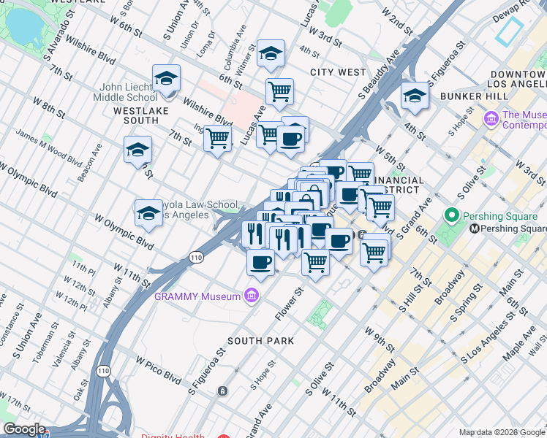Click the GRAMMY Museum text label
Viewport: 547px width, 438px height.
197,296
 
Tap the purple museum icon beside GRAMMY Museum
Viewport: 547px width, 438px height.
252,296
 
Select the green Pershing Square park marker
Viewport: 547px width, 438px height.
451,215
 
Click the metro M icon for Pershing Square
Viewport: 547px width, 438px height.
475,228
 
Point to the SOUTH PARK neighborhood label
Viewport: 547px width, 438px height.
260,341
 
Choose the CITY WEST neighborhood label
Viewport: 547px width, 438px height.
337,72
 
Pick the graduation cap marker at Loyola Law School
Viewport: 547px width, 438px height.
148,212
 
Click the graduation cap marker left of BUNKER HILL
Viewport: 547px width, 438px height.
415,96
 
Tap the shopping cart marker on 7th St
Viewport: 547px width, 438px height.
217,137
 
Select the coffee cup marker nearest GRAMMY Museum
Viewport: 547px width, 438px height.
260,261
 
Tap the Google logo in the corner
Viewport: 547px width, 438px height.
24,429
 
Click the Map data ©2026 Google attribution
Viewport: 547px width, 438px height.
502,432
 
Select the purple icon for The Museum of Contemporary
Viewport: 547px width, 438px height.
491,117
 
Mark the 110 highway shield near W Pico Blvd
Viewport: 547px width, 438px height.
105,361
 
